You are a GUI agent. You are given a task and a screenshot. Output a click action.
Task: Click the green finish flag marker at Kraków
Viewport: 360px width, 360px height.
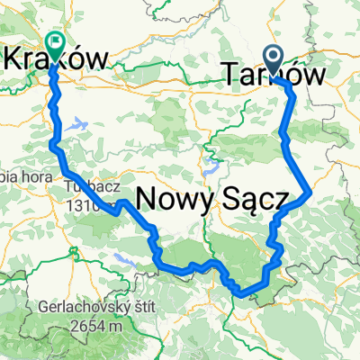click(x=56, y=41)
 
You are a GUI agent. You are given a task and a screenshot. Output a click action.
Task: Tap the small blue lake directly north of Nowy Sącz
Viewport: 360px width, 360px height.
click(x=212, y=167)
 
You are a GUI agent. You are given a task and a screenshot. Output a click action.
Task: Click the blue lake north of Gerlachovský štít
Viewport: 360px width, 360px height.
click(x=122, y=261)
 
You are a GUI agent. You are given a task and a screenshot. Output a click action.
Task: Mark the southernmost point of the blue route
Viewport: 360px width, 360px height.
click(x=238, y=292)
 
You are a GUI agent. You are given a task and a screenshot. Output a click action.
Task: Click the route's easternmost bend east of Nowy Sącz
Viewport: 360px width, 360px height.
click(x=310, y=192)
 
